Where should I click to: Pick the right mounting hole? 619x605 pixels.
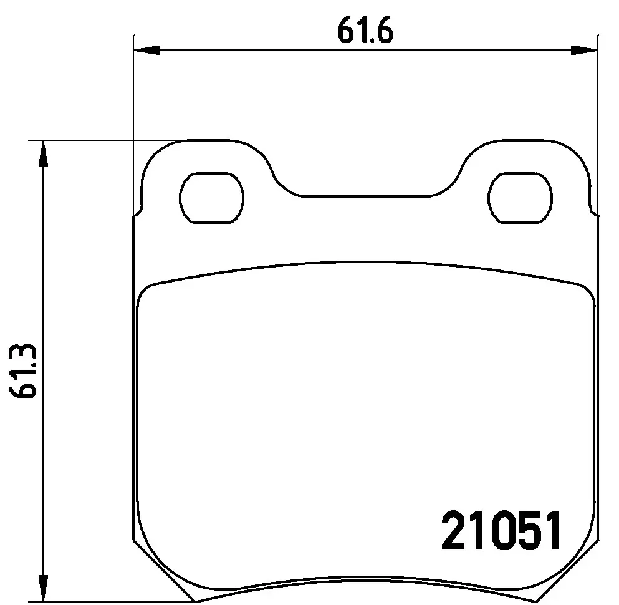[521, 196]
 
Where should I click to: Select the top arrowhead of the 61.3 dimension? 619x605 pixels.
[42, 153]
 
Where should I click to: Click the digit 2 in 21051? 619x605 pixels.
[454, 531]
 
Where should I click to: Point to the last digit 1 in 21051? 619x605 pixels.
[551, 531]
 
